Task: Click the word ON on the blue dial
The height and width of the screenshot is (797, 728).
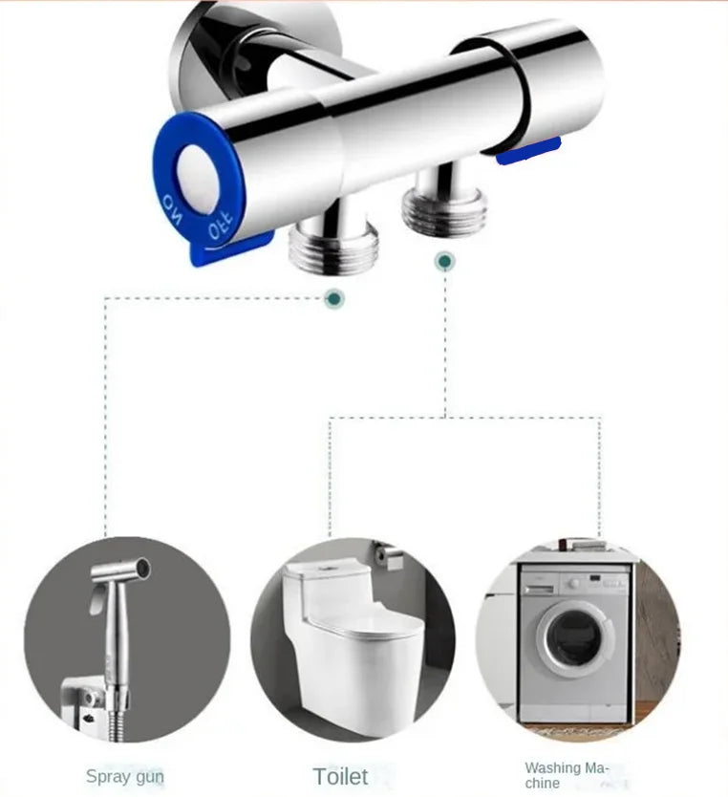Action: [x=172, y=208]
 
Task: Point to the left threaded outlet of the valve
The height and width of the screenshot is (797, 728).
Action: [x=332, y=243]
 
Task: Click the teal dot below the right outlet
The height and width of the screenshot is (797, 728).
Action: [x=445, y=261]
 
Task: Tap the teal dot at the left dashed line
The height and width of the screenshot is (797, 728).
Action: [x=334, y=298]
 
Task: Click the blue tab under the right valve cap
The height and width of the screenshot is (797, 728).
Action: [x=528, y=152]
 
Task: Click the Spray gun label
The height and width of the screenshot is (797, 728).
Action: [x=125, y=777]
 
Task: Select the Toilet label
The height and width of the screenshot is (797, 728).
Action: [x=340, y=777]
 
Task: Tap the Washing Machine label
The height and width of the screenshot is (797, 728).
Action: [x=566, y=775]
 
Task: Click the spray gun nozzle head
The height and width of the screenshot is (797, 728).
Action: [x=122, y=571]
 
